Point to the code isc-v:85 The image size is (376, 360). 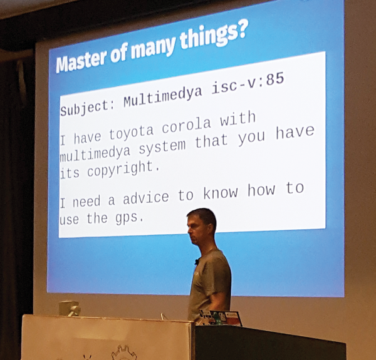click(x=248, y=84)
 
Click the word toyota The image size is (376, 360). click(x=131, y=133)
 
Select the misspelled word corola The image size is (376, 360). click(x=187, y=126)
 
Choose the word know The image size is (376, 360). click(x=221, y=192)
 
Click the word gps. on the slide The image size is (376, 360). click(x=130, y=219)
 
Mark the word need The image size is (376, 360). click(x=86, y=202)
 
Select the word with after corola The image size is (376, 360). click(x=238, y=119)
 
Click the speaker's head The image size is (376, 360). click(x=201, y=227)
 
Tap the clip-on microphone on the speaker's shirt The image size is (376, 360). click(x=197, y=262)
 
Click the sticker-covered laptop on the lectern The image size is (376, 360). click(x=220, y=318)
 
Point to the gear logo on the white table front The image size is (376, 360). click(x=124, y=352)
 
